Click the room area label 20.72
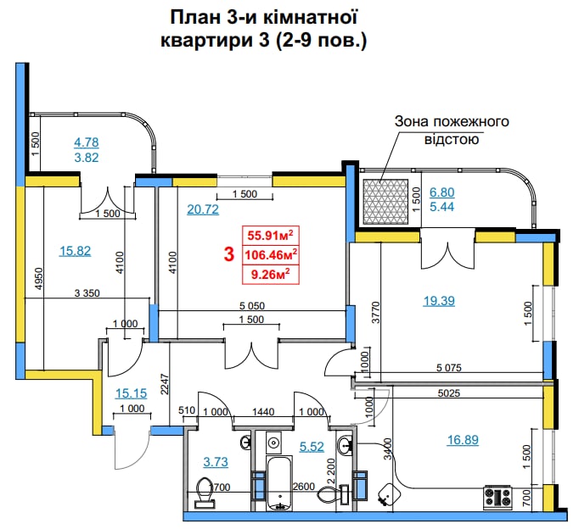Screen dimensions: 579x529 203,209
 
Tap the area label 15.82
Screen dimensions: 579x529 75,251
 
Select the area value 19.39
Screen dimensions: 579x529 439,301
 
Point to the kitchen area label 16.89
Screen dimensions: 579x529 463,440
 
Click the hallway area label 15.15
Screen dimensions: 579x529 131,393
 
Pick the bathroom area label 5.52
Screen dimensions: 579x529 312,447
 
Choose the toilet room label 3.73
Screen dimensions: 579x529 216,462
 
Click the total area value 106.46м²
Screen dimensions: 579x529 271,254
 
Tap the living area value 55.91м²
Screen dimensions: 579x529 270,235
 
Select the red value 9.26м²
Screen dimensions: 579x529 270,275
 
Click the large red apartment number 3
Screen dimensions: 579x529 229,254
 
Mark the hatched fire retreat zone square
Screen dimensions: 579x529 385,202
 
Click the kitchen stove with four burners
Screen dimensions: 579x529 497,498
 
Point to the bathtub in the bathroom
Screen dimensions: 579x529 279,483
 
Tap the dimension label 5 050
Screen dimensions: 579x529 252,305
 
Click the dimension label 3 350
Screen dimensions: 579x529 87,293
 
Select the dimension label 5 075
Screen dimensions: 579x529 448,368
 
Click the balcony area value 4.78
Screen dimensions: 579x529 87,142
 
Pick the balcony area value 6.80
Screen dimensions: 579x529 442,192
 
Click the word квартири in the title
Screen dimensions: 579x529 207,40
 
